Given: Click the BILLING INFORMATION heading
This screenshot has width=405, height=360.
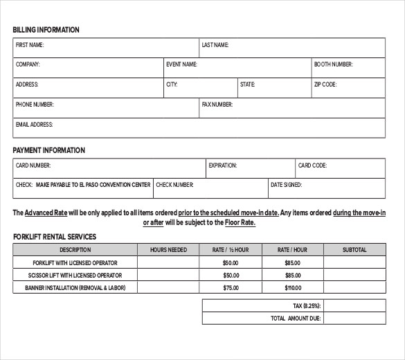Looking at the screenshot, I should click(x=46, y=30).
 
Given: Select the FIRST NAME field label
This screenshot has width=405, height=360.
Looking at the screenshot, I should click(x=30, y=45).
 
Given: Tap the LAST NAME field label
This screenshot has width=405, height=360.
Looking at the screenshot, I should click(x=215, y=45).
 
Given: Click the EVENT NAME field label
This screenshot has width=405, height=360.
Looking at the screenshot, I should click(x=181, y=64).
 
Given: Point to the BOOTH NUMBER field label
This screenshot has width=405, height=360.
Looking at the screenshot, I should click(x=333, y=64).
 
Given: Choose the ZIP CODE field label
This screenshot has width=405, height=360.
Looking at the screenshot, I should click(x=325, y=84).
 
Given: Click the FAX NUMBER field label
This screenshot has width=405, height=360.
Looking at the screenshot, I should click(x=217, y=105).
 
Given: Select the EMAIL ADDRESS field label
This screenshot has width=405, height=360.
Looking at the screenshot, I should click(x=34, y=125).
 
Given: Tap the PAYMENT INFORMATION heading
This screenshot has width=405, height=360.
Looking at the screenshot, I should click(x=48, y=150).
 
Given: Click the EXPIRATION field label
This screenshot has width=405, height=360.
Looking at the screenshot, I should click(x=223, y=165).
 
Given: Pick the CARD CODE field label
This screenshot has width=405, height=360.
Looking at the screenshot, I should click(x=312, y=165).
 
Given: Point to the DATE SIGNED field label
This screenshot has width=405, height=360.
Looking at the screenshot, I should click(x=286, y=185).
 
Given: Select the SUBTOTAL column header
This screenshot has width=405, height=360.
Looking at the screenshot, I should click(x=354, y=249).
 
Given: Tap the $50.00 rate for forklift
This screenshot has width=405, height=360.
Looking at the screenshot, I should click(x=231, y=262).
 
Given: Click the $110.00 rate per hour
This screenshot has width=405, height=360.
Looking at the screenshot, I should click(x=293, y=287).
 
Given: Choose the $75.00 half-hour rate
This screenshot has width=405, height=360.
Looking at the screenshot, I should click(x=231, y=287).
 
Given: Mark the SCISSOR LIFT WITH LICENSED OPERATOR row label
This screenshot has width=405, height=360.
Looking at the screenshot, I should click(x=75, y=275).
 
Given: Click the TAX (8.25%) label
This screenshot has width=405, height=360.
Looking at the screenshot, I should click(x=307, y=305).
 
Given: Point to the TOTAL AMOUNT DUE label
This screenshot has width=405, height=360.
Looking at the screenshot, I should click(x=296, y=318).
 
